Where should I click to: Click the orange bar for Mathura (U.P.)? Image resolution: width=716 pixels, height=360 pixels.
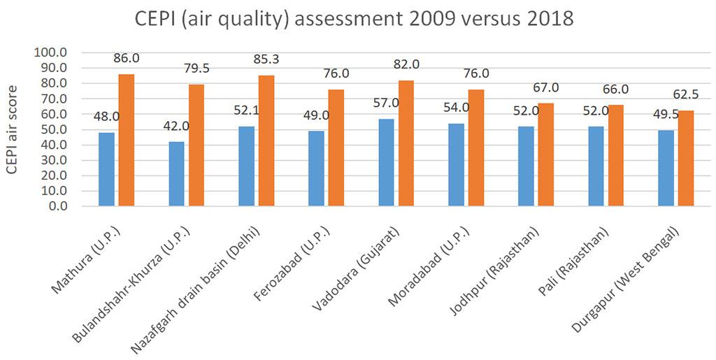(127, 140)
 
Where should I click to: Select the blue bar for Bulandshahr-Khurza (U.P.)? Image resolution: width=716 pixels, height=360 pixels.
(176, 174)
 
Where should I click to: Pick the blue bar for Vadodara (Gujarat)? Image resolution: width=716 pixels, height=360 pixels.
(386, 162)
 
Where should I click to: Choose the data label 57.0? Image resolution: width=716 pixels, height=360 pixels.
(385, 103)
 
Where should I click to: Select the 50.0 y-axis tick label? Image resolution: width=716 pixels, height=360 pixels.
(55, 129)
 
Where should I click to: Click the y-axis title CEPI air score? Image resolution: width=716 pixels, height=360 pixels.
(13, 129)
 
